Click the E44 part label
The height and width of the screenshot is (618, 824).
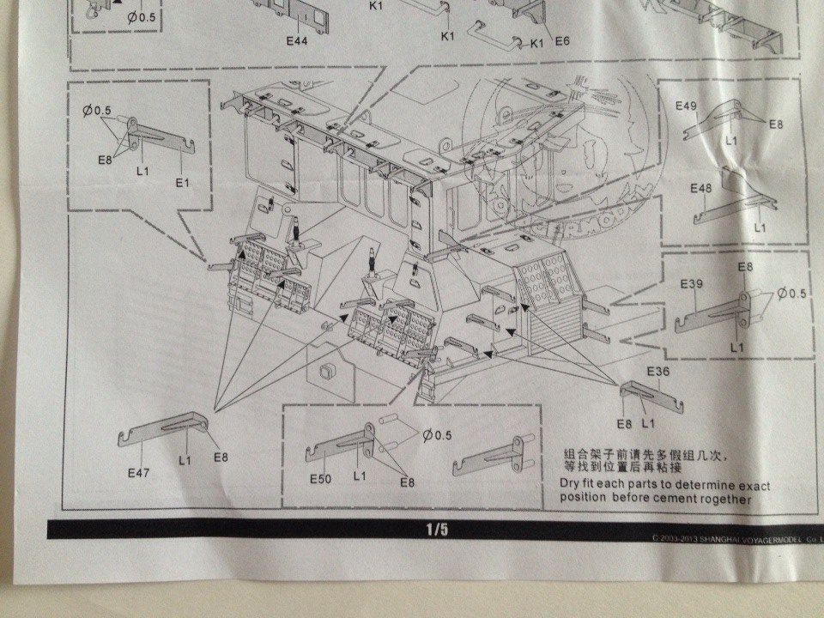click(300, 41)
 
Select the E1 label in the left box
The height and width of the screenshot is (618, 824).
click(181, 183)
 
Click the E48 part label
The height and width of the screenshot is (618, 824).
click(700, 188)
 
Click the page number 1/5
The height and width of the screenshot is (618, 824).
click(437, 530)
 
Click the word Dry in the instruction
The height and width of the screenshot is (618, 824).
click(571, 486)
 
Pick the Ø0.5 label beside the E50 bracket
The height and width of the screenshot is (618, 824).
click(437, 435)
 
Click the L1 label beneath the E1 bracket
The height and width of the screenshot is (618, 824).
click(142, 171)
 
